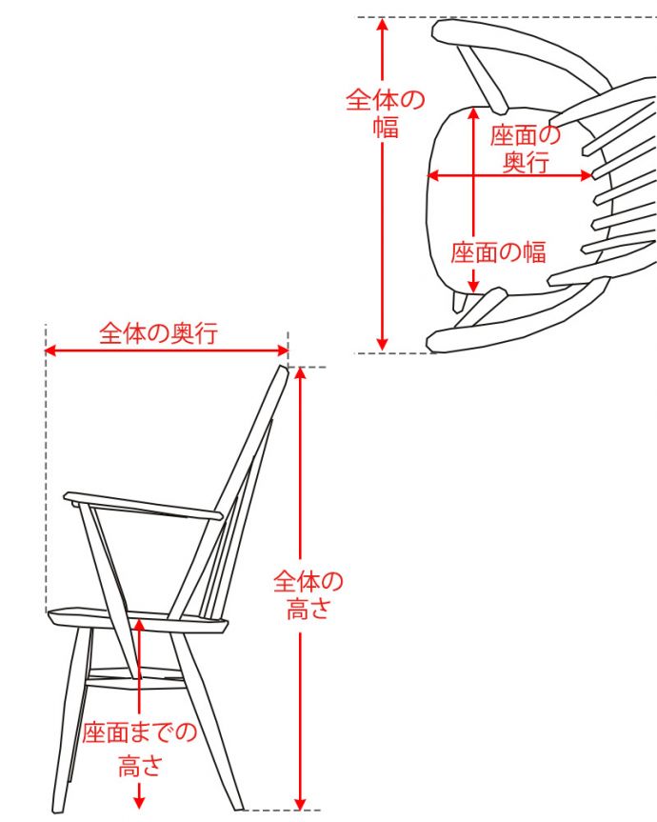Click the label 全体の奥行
coord(159,333)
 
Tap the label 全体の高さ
coord(308,594)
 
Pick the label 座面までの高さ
coord(139,747)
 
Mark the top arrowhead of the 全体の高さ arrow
coord(301,372)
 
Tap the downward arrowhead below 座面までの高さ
coord(139,802)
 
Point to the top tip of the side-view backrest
coord(283,369)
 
